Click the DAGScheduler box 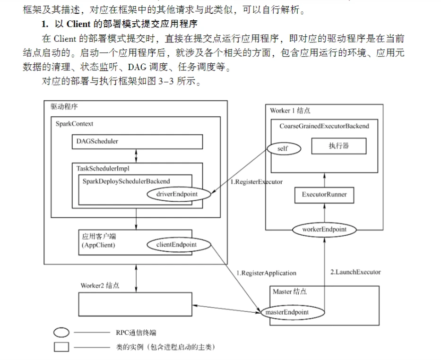tap(136, 141)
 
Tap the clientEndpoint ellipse tap(177, 244)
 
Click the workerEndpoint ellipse tap(324, 229)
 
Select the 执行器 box tap(338, 146)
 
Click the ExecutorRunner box tap(324, 195)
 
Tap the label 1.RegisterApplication tap(267, 273)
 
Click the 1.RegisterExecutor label tap(256, 181)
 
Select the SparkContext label tap(74, 123)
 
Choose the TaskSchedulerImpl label tap(103, 168)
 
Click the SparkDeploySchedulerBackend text tap(126, 180)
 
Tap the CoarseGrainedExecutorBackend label tap(324, 126)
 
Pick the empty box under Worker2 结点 tap(135, 304)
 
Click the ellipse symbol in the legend tap(61, 333)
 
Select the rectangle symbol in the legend tap(61, 347)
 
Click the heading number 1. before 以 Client tap(45, 24)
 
